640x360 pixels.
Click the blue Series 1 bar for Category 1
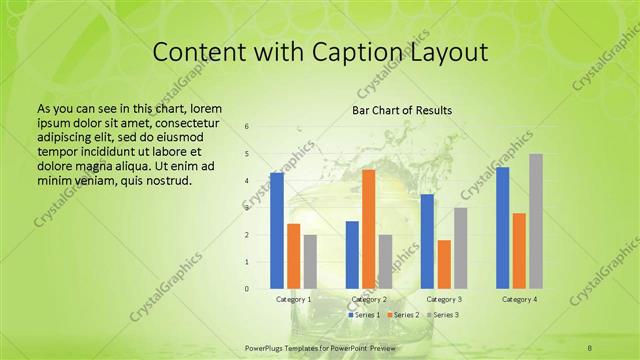point(277,231)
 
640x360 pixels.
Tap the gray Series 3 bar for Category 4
point(536,221)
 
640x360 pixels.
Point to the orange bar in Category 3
point(444,264)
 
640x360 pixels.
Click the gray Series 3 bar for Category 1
point(310,262)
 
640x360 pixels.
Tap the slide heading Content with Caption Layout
point(320,53)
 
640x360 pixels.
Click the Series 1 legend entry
point(365,315)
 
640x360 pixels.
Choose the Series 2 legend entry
point(403,315)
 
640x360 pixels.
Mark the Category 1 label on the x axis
point(293,299)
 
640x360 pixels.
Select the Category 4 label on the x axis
point(519,299)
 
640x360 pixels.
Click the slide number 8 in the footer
point(590,347)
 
